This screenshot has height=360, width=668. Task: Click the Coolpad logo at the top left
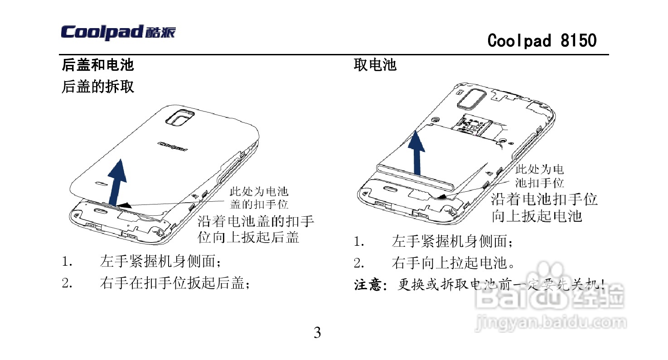(x=118, y=33)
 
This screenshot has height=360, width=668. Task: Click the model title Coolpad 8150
(x=542, y=41)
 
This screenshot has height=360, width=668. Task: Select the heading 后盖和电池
(x=98, y=65)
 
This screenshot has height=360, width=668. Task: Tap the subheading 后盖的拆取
(x=98, y=86)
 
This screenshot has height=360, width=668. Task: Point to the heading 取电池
(x=375, y=65)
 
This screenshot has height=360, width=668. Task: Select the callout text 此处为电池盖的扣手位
(x=259, y=198)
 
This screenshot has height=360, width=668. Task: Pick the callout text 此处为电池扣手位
(x=540, y=176)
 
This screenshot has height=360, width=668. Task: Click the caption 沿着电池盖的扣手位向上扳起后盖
(x=256, y=229)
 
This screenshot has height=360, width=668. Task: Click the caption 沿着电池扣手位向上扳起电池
(x=544, y=207)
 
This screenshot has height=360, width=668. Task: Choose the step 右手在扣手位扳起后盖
(x=174, y=283)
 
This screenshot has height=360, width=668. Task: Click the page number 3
(x=317, y=333)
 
